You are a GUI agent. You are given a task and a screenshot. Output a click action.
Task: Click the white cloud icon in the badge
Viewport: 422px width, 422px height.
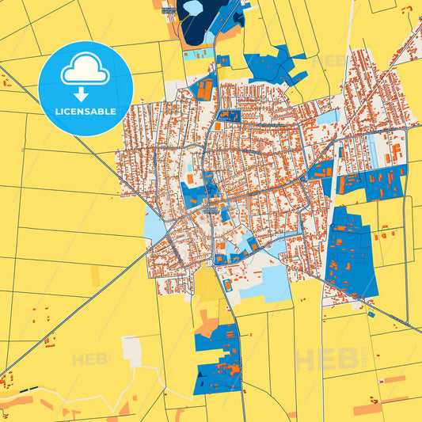(x=85, y=72)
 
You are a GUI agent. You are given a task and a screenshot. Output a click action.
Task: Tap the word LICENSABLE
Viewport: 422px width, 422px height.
(x=85, y=112)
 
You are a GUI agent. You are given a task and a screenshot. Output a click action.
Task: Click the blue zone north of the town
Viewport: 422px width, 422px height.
(x=273, y=67)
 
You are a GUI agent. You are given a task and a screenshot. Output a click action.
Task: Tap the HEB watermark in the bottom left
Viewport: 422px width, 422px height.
(x=90, y=359)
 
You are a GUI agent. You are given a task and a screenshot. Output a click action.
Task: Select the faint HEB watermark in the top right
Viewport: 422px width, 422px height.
(x=329, y=60)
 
